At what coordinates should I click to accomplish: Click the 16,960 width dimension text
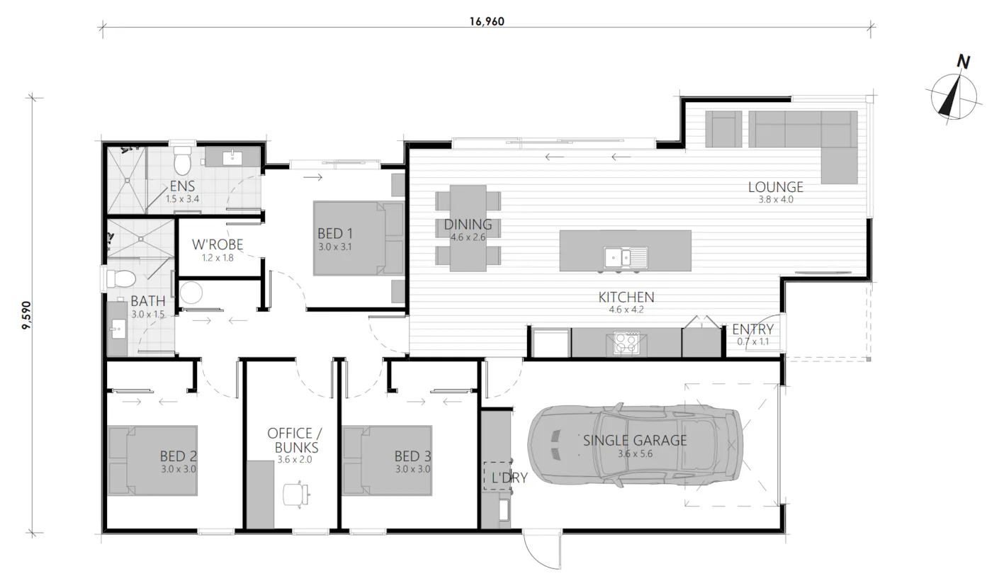487,21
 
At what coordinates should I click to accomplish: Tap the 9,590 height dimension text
27,315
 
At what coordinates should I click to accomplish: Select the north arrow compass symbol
954,96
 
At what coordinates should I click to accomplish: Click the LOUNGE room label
776,187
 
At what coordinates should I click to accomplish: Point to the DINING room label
468,225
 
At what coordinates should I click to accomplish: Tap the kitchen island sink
626,257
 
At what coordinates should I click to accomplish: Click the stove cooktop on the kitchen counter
626,343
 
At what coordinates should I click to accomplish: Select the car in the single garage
635,444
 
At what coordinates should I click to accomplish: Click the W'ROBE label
218,244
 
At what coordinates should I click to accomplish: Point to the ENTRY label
753,329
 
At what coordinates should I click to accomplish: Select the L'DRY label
509,478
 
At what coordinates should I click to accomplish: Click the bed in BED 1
359,238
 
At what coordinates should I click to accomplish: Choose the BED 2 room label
179,456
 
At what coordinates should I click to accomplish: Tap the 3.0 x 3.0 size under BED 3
412,469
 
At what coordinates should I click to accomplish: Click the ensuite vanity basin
232,157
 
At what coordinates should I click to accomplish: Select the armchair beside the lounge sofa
723,129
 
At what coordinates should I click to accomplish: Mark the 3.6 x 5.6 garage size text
635,454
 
